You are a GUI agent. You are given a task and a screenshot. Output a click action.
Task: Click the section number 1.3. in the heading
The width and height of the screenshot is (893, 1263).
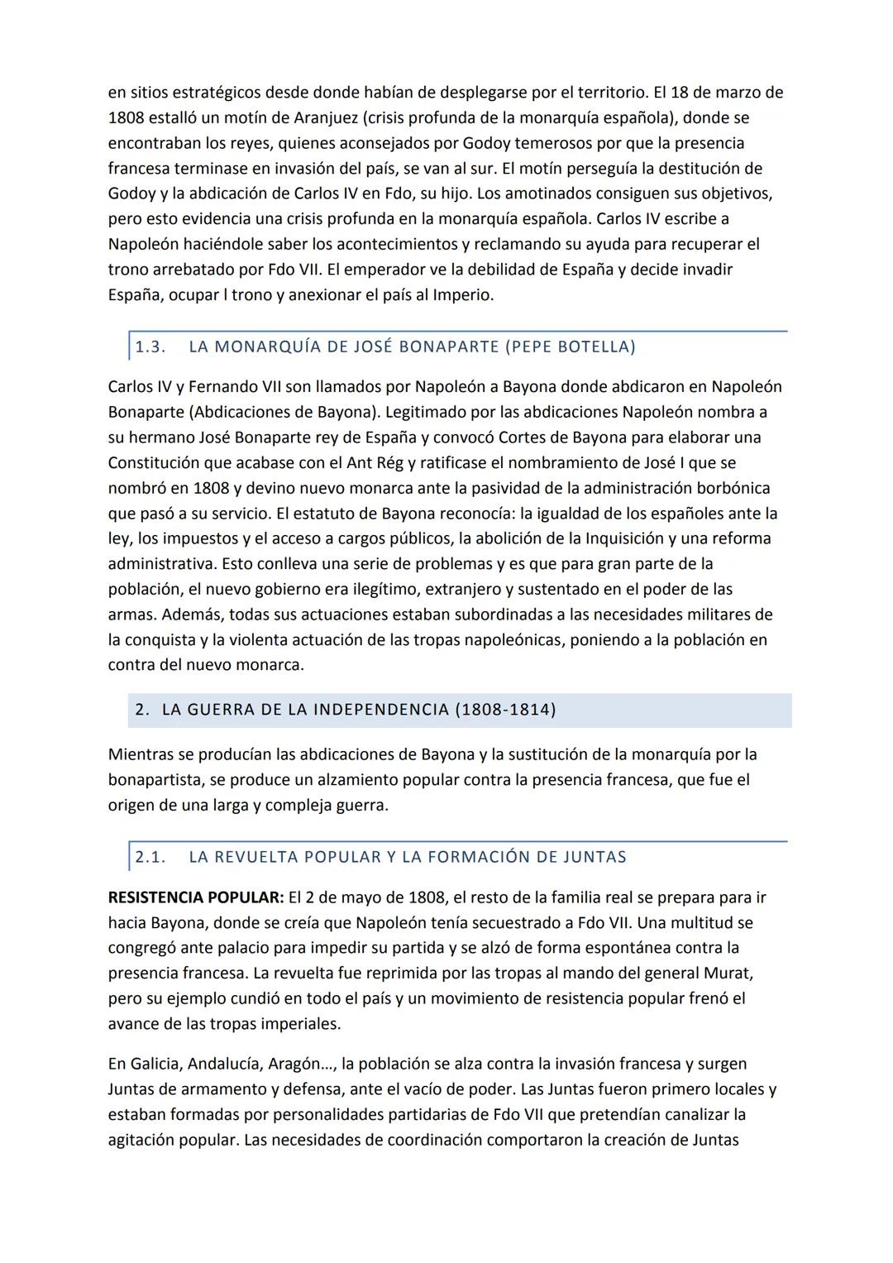click(x=150, y=347)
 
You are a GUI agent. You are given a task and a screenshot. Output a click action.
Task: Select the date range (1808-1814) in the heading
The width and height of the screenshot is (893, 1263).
click(x=505, y=710)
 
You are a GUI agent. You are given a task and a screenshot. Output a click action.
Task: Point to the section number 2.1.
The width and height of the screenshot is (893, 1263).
click(x=150, y=857)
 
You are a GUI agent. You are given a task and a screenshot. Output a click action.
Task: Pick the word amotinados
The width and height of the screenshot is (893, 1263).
click(x=597, y=194)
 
